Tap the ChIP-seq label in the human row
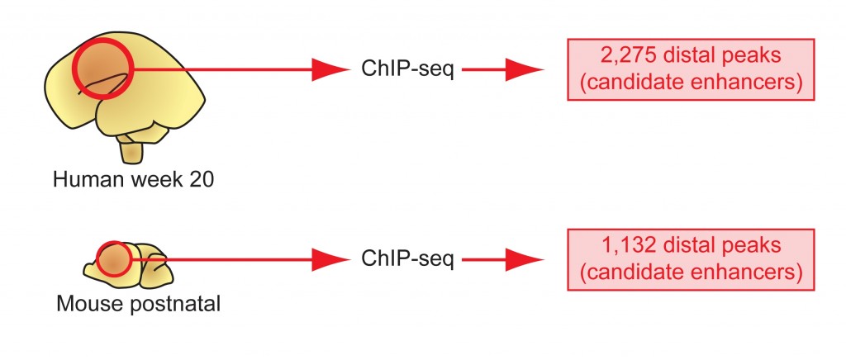pos(407,70)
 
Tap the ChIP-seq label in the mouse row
pos(407,259)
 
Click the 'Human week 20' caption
pos(133,179)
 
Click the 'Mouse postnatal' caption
pos(138,304)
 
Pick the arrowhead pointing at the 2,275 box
pos(523,70)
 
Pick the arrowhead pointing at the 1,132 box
pos(523,259)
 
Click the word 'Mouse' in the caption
pos(87,304)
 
